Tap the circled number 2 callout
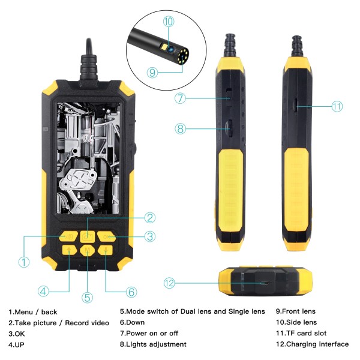pyautogui.click(x=150, y=218)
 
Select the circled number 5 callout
pyautogui.click(x=88, y=296)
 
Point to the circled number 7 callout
pyautogui.click(x=180, y=97)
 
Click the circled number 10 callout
pyautogui.click(x=167, y=21)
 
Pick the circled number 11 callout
pyautogui.click(x=337, y=106)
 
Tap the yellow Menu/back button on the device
pyautogui.click(x=69, y=236)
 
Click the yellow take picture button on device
pyautogui.click(x=88, y=236)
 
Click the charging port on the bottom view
pyautogui.click(x=262, y=283)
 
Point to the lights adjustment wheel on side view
pyautogui.click(x=229, y=127)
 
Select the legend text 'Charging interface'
pyautogui.click(x=317, y=344)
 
